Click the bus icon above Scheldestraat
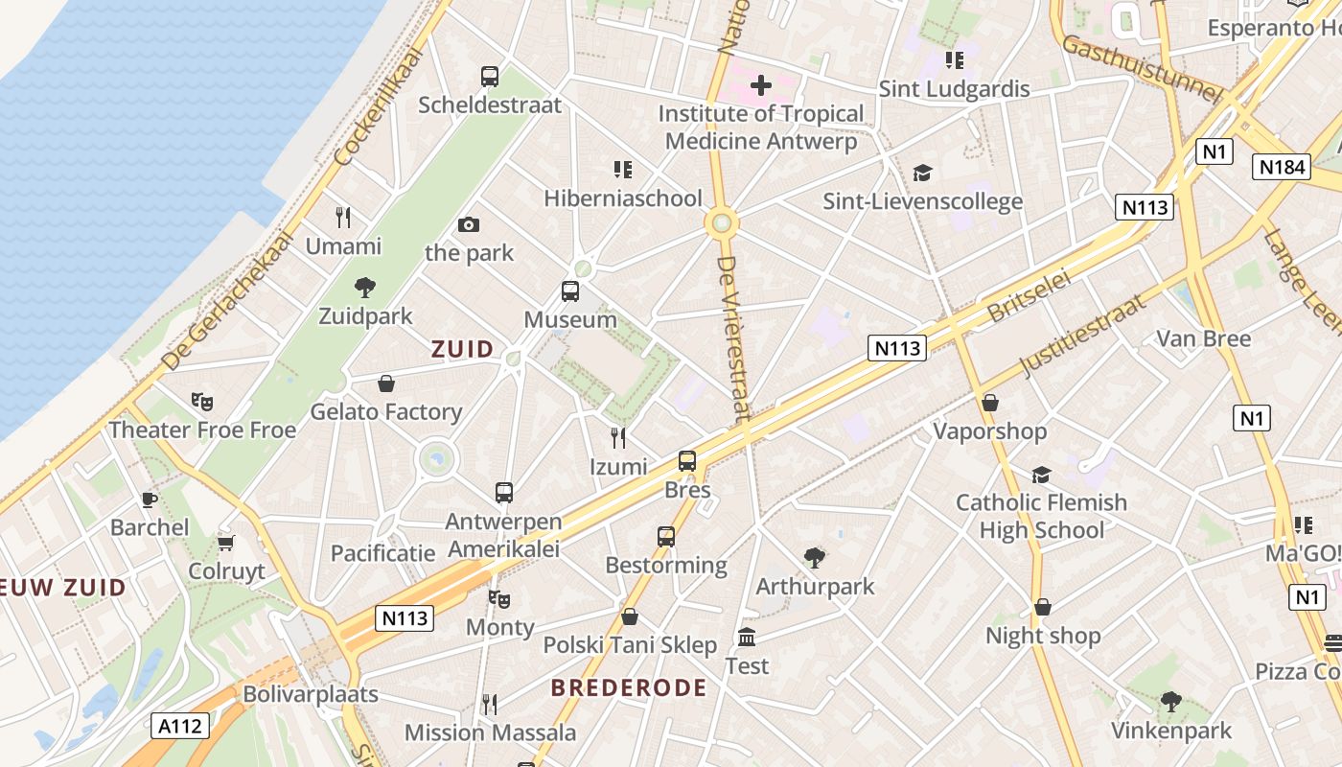pyautogui.click(x=490, y=76)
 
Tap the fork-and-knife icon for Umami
pyautogui.click(x=343, y=218)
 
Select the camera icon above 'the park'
pyautogui.click(x=469, y=225)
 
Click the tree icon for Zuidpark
pyautogui.click(x=364, y=287)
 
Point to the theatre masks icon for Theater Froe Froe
pyautogui.click(x=201, y=402)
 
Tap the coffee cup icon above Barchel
pyautogui.click(x=150, y=500)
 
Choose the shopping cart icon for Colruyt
pyautogui.click(x=226, y=544)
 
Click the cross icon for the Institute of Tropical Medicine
pyautogui.click(x=761, y=85)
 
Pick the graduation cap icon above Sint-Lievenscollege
pyautogui.click(x=922, y=173)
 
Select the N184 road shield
pyautogui.click(x=1282, y=167)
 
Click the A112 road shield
pyautogui.click(x=180, y=726)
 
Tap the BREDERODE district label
pyautogui.click(x=629, y=687)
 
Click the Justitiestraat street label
pyautogui.click(x=1083, y=335)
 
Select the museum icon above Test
pyautogui.click(x=747, y=637)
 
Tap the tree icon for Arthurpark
pyautogui.click(x=815, y=557)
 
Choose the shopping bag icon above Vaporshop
pyautogui.click(x=990, y=403)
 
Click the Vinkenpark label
pyautogui.click(x=1170, y=731)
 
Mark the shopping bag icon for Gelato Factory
pyautogui.click(x=386, y=383)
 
